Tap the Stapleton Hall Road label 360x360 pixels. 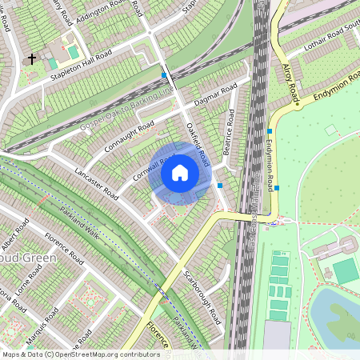click(x=89, y=63)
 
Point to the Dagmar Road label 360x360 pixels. click(x=218, y=95)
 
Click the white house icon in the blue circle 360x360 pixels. click(x=180, y=173)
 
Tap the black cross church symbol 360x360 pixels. click(x=33, y=58)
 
